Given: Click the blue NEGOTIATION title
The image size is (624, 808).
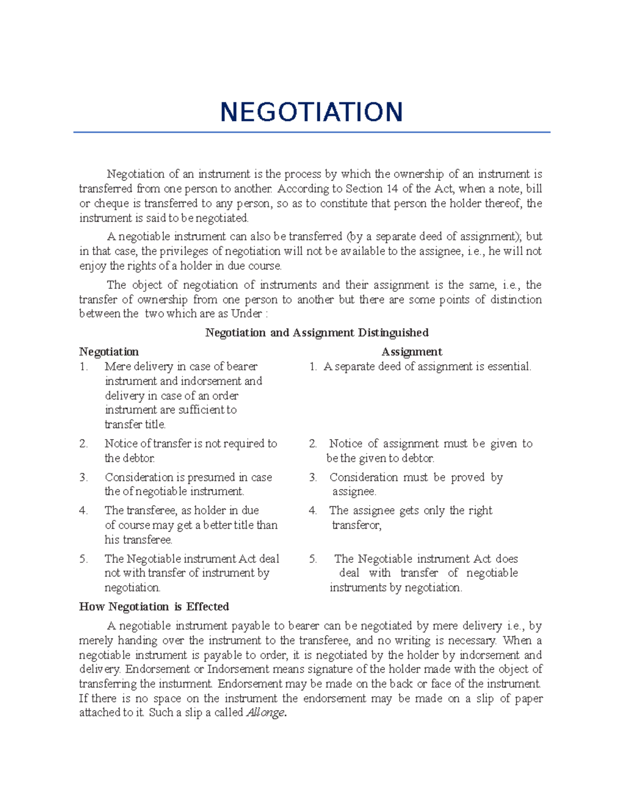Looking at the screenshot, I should (x=311, y=112).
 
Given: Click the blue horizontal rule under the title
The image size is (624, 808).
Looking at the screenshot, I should (x=311, y=132).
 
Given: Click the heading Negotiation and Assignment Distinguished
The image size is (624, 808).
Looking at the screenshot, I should (x=317, y=333).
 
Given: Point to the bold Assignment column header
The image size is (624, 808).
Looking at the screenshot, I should (x=411, y=352).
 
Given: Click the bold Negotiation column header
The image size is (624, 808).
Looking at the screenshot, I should (x=109, y=352).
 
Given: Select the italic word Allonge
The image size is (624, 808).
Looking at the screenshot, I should (x=265, y=713).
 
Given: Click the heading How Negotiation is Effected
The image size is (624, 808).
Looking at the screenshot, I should (x=154, y=607).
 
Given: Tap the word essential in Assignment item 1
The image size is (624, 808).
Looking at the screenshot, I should (x=509, y=367).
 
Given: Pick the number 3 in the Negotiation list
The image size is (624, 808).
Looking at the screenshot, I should (x=83, y=478).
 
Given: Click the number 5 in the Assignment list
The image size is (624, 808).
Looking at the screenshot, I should (x=313, y=559).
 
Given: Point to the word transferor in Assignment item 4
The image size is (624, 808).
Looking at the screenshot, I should (x=356, y=525).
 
